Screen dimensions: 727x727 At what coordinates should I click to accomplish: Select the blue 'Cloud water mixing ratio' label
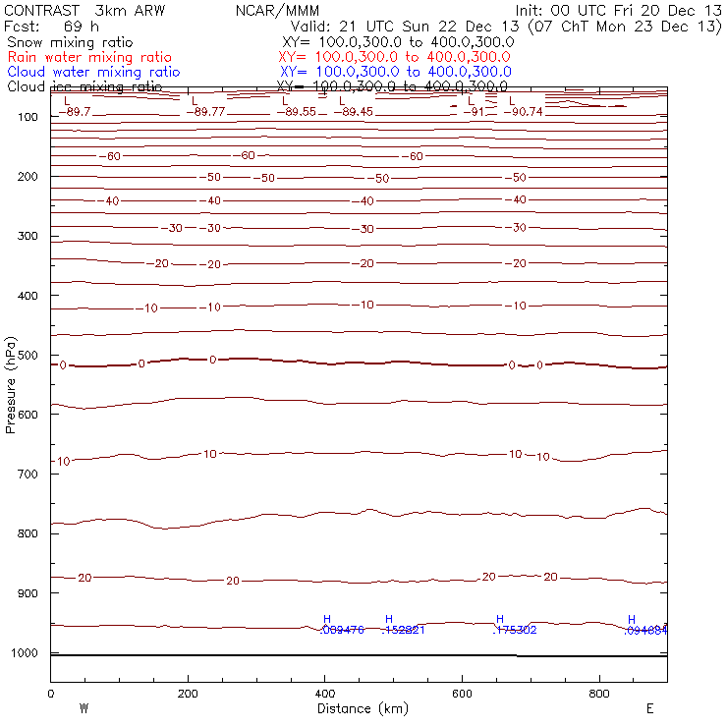pos(93,72)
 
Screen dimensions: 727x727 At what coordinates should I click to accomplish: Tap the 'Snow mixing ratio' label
pos(69,43)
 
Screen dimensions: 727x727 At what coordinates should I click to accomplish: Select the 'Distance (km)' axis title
pos(358,707)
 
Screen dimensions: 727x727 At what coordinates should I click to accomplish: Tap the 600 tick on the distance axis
pos(462,694)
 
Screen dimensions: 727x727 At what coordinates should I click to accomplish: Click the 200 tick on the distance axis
pos(187,694)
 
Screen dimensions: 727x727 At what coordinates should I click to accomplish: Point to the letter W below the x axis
pos(84,707)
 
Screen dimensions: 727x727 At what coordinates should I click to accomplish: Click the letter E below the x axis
pos(649,707)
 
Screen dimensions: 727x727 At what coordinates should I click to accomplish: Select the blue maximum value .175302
pos(514,630)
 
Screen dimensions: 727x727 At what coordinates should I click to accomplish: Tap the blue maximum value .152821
pos(403,630)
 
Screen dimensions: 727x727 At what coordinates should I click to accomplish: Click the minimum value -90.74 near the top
pos(528,112)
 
